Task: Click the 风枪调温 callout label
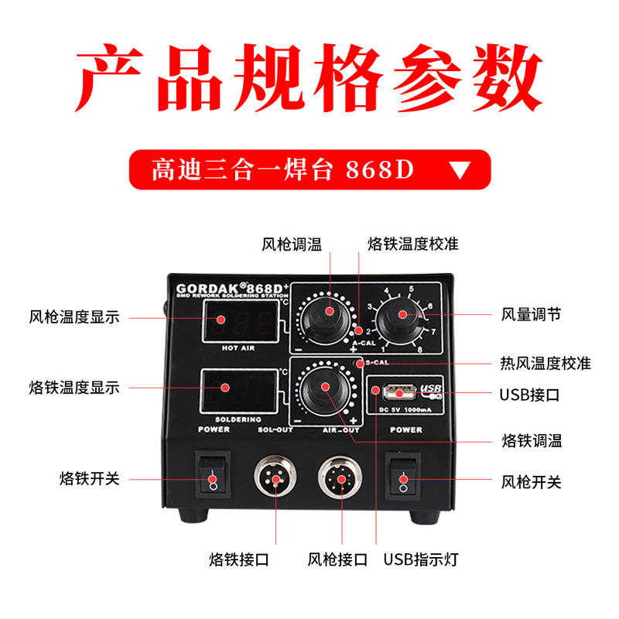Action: (x=292, y=245)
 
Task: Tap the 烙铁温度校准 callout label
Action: (x=412, y=245)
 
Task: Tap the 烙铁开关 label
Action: (x=90, y=479)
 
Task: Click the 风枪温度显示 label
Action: (x=74, y=316)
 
